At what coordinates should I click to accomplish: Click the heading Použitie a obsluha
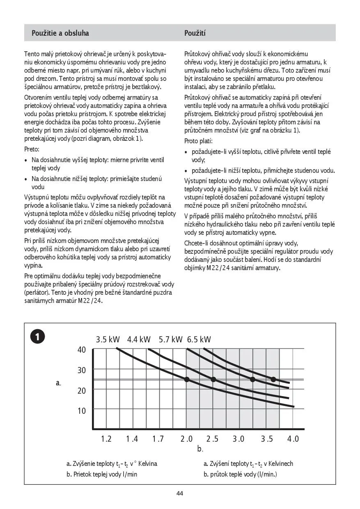coord(60,33)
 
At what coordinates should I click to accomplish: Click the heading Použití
coord(195,33)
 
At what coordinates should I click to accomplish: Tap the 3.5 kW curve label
coord(108,339)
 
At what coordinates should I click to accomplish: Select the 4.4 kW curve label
coord(139,339)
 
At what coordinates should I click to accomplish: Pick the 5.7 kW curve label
coord(170,339)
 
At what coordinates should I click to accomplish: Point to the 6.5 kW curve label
coord(199,339)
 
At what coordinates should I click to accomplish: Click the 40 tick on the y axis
coord(82,350)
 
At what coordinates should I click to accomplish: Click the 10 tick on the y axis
coord(82,411)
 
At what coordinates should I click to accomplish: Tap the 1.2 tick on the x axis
coord(106,439)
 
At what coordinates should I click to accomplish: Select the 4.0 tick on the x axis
coord(293,439)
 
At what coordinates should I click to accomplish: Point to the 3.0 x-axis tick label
coord(238,439)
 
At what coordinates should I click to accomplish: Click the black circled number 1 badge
coord(38,337)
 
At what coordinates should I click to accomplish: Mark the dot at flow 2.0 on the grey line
coord(187,379)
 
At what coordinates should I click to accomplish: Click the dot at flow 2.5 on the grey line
coord(213,379)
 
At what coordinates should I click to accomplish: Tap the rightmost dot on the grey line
coord(273,379)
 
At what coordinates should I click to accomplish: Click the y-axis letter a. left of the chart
coord(58,383)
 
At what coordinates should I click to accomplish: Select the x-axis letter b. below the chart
coord(200,449)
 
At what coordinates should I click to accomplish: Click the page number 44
coord(180,493)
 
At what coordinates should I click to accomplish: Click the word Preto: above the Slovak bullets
coord(32,149)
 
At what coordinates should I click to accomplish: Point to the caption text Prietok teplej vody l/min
coord(102,474)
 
